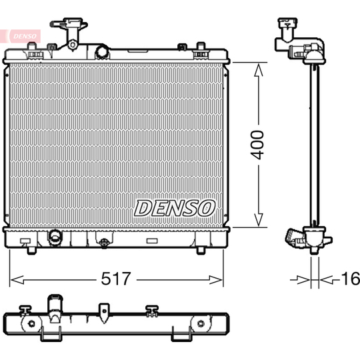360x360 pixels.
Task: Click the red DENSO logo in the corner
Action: pos(20,35)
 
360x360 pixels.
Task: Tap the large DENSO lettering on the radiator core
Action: pos(175,208)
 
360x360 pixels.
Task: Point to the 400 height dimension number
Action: pos(258,144)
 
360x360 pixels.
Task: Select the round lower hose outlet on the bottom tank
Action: pos(55,237)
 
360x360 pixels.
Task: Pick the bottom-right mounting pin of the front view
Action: pos(201,251)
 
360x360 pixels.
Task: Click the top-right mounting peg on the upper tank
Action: pos(199,47)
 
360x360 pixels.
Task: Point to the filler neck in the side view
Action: pos(287,30)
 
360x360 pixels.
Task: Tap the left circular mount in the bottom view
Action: pos(29,324)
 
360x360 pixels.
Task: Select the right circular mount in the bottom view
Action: pos(198,324)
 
